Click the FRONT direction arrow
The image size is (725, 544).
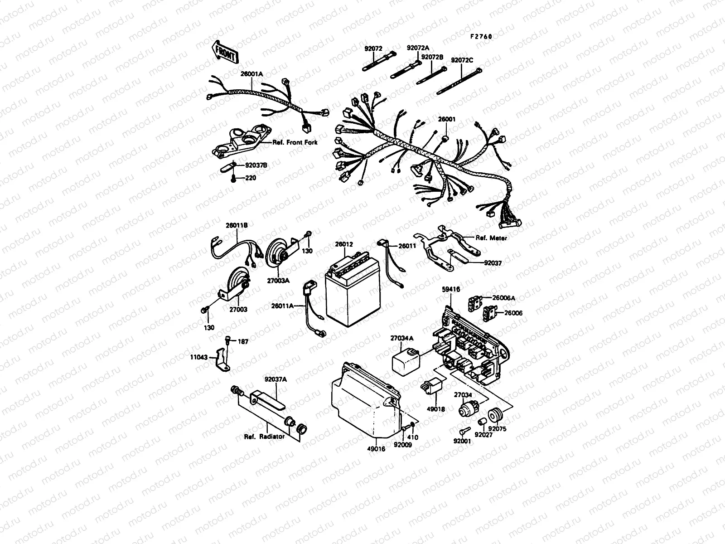click(224, 52)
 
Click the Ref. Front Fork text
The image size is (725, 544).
click(295, 142)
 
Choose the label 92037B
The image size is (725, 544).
click(256, 166)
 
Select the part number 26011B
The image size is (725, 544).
click(237, 225)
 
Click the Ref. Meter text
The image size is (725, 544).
click(491, 238)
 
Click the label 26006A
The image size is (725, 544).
click(504, 298)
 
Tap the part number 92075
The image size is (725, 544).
click(498, 428)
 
